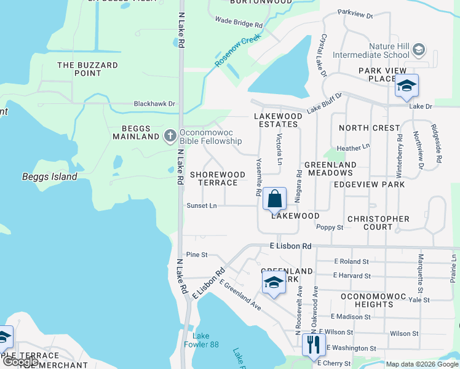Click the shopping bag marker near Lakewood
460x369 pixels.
274,200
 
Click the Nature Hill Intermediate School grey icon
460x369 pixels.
419,49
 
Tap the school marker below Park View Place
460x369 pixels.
406,86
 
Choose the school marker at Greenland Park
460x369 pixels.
274,283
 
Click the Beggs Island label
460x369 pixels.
50,177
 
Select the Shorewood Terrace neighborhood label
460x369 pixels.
213,179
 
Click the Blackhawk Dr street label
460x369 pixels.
154,105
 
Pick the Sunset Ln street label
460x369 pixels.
202,206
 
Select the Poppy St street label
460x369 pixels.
329,227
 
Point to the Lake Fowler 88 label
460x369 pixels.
205,340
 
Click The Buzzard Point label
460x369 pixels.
87,69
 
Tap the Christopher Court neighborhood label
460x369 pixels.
378,223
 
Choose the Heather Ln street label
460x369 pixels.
352,148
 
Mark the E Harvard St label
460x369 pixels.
352,276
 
